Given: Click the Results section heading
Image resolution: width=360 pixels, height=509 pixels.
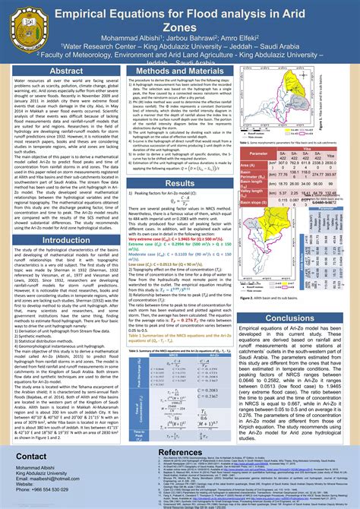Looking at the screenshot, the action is point(180,183).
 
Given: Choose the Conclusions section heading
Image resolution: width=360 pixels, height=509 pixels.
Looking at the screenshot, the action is point(299,318).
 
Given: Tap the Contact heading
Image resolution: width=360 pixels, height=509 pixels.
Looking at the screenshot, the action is point(33,456).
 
